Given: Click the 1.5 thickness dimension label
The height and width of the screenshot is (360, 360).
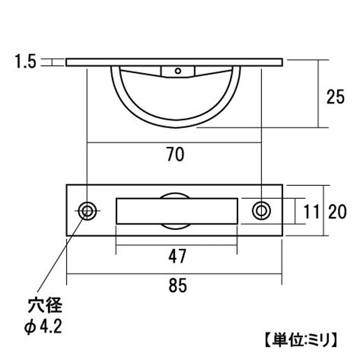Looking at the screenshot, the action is coord(25,61).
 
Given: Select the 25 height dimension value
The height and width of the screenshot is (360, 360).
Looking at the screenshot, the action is coord(335,97).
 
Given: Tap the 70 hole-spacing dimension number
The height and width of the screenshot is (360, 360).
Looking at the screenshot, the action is coord(175,154).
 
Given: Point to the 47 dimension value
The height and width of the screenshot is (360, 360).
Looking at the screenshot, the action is coord(177,256).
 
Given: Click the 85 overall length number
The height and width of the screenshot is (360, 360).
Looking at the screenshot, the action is coord(178,285).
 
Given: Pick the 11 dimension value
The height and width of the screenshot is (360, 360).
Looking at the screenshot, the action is coord(311,212).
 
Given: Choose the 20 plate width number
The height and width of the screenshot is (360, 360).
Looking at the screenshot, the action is coord(337,212).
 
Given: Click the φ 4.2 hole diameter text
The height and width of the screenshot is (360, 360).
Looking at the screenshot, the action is coord(43,327).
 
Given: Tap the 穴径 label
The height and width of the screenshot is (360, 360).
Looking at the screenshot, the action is coord(45,305).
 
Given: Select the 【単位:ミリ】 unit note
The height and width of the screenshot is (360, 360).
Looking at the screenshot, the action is coord(301,340).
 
